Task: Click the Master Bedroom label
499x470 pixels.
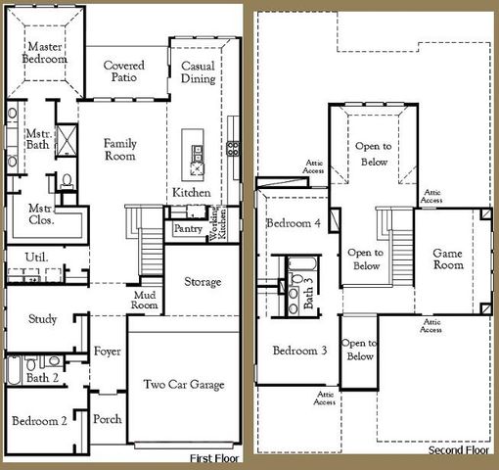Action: tap(45, 53)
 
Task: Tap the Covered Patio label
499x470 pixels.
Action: tap(124, 71)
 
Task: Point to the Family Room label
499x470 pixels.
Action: tap(120, 150)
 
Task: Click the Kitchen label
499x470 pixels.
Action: tap(191, 193)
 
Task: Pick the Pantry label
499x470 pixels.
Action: tap(187, 229)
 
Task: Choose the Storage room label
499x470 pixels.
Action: tap(203, 282)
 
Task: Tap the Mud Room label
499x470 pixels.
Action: tap(145, 299)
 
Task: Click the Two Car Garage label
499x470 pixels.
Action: tap(184, 385)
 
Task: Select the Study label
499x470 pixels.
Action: tap(42, 319)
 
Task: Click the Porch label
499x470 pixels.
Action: tap(107, 419)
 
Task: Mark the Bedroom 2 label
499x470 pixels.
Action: tap(39, 421)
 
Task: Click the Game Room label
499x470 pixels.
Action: tap(447, 259)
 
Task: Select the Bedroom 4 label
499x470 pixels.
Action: tap(294, 223)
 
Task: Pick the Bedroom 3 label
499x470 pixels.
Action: tap(299, 351)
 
